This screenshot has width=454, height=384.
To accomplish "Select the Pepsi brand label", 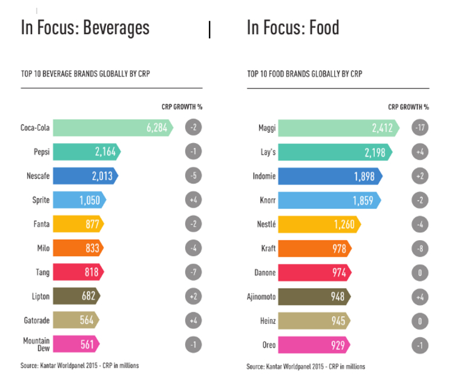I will pyautogui.click(x=41, y=152).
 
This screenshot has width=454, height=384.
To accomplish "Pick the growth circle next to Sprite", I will pyautogui.click(x=193, y=200).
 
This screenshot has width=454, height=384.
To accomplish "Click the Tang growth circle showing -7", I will pyautogui.click(x=193, y=272).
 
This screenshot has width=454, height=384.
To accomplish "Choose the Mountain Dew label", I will pyautogui.click(x=36, y=345).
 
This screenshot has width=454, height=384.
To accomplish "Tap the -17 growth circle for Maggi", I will pyautogui.click(x=419, y=128).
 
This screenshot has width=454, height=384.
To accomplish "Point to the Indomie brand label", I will pyautogui.click(x=263, y=176).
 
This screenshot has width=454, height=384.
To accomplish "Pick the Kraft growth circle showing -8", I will pyautogui.click(x=419, y=248).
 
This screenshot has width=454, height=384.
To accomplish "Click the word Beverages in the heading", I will pyautogui.click(x=116, y=27).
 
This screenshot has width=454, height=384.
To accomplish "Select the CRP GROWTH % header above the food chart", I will pyautogui.click(x=409, y=107).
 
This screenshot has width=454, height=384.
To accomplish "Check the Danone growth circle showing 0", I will pyautogui.click(x=419, y=272).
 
